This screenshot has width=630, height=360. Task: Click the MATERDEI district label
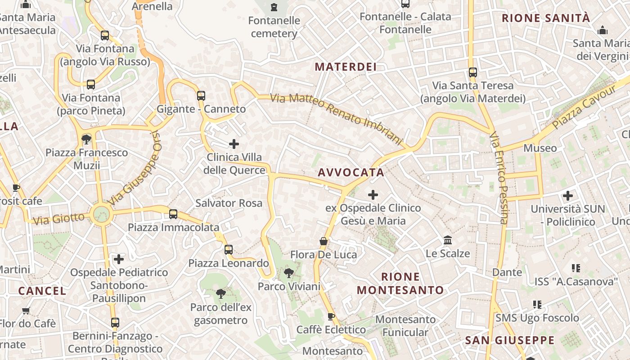345,67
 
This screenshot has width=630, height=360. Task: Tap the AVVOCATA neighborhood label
351,172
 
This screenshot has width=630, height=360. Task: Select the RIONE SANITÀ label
545,18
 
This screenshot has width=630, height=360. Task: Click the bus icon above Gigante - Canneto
201,95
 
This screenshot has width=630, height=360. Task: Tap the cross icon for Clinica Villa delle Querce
234,144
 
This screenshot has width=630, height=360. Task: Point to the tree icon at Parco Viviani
289,273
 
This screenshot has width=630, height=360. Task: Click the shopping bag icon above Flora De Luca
323,241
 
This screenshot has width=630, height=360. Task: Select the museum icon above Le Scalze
447,240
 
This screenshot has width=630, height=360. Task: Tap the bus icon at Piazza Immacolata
173,214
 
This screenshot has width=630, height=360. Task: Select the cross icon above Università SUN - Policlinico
568,196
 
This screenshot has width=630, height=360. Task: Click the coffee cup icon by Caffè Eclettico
331,316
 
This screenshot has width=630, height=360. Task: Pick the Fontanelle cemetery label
274,27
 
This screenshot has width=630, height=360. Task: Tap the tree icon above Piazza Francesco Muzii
86,139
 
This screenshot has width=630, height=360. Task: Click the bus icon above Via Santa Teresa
472,72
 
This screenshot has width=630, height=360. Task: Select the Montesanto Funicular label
405,326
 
